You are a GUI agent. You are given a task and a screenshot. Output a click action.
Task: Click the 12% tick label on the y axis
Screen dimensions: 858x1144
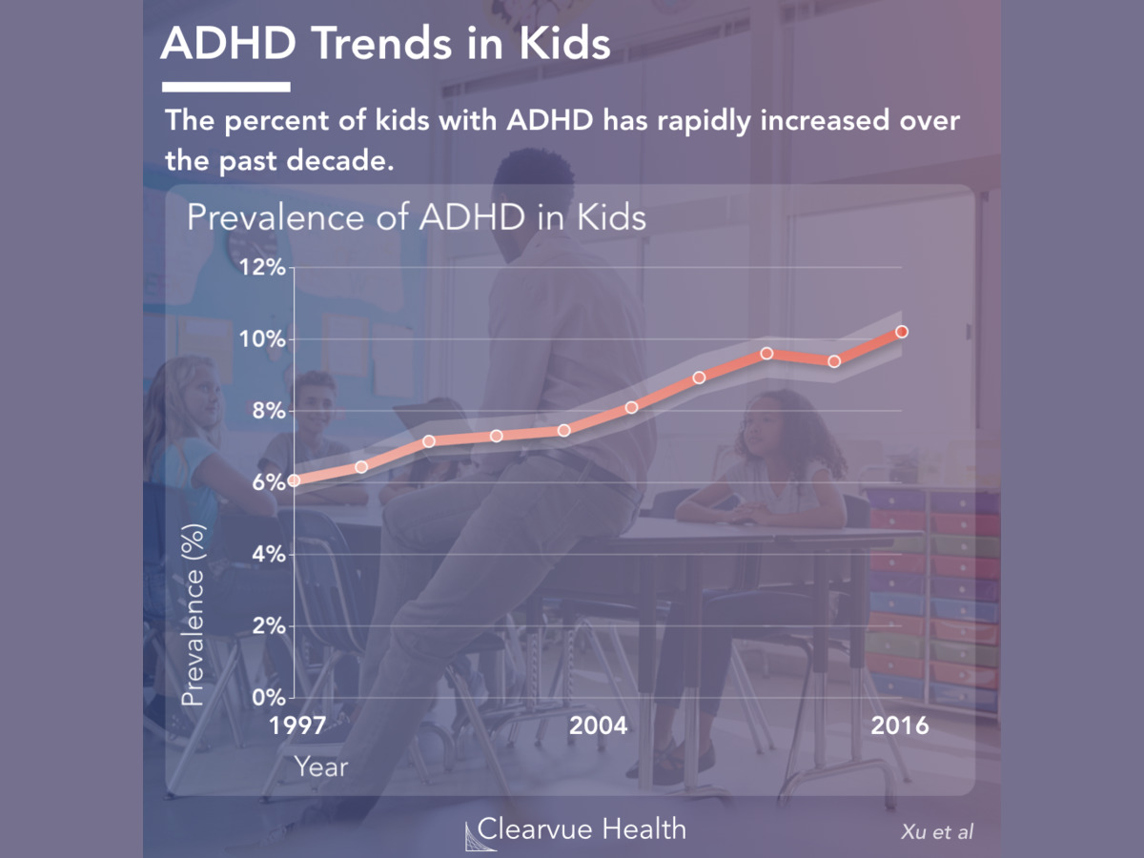pos(260,268)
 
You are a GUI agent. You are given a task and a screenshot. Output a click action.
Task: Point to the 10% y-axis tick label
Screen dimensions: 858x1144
pos(260,339)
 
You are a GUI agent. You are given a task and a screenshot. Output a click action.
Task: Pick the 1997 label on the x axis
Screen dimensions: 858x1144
pos(296,725)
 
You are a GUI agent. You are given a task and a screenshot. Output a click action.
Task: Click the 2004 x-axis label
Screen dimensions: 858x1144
pos(599,725)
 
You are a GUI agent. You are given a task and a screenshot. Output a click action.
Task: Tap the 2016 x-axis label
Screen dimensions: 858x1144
pos(899,725)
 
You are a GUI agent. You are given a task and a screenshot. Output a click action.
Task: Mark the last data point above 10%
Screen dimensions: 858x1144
pos(901,332)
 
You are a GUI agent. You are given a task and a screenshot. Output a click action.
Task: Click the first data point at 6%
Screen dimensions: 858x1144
pos(294,480)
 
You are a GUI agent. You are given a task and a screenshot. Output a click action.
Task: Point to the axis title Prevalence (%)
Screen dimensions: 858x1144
pos(194,615)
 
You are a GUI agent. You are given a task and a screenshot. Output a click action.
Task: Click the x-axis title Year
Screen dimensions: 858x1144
pos(320,766)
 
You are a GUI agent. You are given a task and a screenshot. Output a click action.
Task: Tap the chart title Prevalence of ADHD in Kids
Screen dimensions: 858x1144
pos(416,217)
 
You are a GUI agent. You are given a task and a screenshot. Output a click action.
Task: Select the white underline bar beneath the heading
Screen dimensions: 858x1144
pos(226,87)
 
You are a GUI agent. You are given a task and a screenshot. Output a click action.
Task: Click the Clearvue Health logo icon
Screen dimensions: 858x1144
pos(469,831)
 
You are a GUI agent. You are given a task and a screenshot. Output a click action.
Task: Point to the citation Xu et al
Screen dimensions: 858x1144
pos(936,832)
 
